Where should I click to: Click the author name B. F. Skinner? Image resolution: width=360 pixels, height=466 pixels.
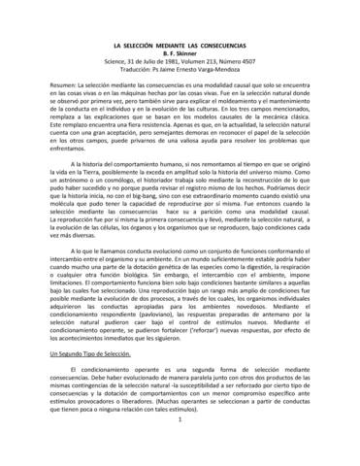(180, 54)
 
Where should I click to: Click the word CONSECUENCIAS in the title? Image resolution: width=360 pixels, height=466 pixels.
(233, 46)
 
